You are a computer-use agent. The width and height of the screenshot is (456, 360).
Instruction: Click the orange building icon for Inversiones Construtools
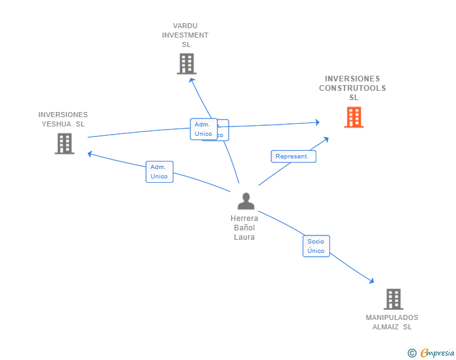tap(354, 117)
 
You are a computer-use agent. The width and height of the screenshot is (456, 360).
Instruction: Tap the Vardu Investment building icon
tap(186, 64)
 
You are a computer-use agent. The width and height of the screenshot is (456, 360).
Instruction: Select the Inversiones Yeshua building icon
tap(64, 143)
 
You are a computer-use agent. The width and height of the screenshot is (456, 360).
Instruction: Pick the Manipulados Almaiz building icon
tap(393, 299)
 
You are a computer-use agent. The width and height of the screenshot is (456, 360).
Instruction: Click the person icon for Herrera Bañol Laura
tap(246, 201)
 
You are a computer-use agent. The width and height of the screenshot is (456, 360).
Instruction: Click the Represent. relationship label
tap(293, 157)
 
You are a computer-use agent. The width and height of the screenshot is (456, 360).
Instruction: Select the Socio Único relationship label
tap(316, 246)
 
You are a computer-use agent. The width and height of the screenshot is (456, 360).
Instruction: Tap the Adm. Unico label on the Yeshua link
tap(159, 172)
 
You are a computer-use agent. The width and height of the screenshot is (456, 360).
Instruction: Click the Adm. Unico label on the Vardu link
tap(204, 129)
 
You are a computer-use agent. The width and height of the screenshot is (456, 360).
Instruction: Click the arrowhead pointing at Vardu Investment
tap(191, 80)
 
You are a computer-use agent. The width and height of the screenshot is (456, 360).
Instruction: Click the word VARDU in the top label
tap(185, 26)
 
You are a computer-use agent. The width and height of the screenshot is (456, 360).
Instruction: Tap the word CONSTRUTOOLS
tap(352, 88)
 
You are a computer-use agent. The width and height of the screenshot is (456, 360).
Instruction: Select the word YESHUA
tap(57, 124)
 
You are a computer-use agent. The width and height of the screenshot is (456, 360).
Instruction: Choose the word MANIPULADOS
tap(392, 317)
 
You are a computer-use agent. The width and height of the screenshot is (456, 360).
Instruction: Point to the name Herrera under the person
tap(244, 219)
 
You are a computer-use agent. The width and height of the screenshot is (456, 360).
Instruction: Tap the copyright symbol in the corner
tap(412, 353)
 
